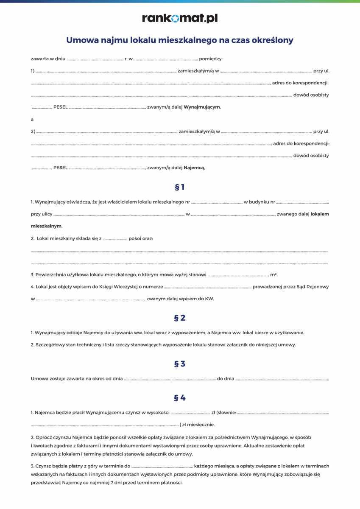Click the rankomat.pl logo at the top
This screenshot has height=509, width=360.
pos(180,18)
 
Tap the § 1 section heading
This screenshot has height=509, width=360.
pos(180,187)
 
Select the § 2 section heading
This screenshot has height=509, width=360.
pos(180,318)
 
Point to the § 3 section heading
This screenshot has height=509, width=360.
pos(180,364)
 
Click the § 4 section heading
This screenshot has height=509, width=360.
pos(180,398)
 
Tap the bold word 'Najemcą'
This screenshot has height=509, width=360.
pos(194,168)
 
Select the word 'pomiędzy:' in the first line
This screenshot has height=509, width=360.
pos(211,59)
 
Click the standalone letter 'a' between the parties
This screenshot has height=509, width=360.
pos(32,120)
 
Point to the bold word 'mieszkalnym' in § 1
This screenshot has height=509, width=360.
pos(46,226)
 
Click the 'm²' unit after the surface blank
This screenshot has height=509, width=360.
pos(273,275)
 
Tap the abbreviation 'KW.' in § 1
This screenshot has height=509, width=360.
pos(209,299)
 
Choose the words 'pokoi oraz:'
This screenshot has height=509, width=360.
pos(141,239)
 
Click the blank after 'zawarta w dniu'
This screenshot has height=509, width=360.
pos(95,59)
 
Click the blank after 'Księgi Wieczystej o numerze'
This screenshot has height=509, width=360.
pos(207,287)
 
